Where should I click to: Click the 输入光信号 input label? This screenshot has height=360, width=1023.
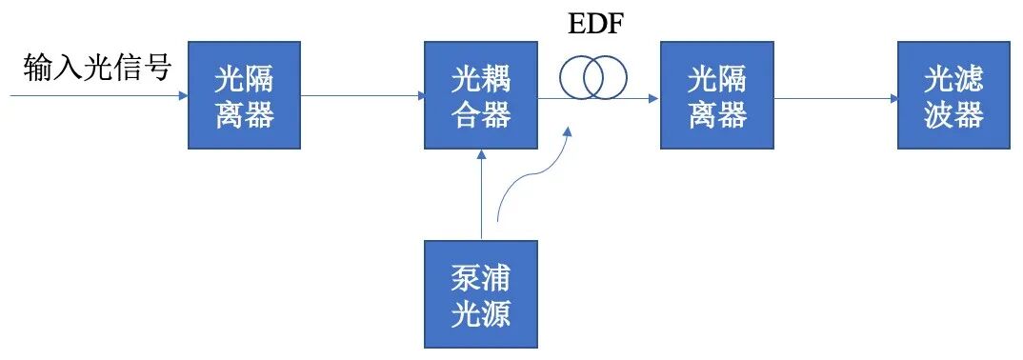click(96, 68)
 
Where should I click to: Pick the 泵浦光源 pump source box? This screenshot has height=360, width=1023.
click(481, 293)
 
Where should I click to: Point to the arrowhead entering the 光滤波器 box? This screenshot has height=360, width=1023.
click(892, 97)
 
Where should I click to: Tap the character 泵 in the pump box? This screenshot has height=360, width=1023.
click(466, 277)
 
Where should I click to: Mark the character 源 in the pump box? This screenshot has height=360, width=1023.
click(496, 311)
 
